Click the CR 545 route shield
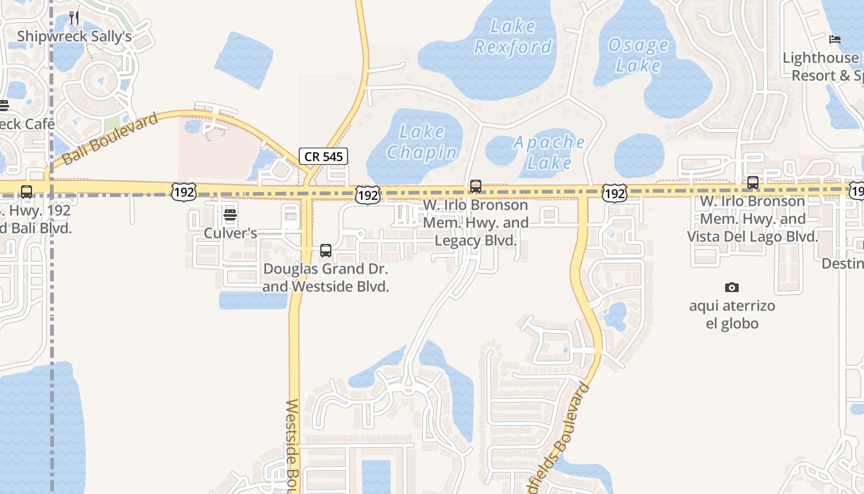pyautogui.click(x=324, y=156)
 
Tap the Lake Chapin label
pyautogui.click(x=422, y=141)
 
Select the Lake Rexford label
pyautogui.click(x=513, y=36)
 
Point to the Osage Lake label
pyautogui.click(x=638, y=55)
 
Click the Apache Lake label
pyautogui.click(x=549, y=152)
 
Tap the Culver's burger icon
pyautogui.click(x=230, y=215)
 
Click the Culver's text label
pyautogui.click(x=231, y=233)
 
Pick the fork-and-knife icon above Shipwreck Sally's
pyautogui.click(x=74, y=17)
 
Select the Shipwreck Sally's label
pyautogui.click(x=74, y=36)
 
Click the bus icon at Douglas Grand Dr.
pyautogui.click(x=326, y=251)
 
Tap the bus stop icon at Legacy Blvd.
pyautogui.click(x=476, y=186)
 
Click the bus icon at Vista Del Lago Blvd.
pyautogui.click(x=753, y=183)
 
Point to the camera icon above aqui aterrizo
pyautogui.click(x=732, y=287)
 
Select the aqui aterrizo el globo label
pyautogui.click(x=732, y=314)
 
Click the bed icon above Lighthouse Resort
pyautogui.click(x=835, y=40)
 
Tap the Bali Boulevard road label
pyautogui.click(x=110, y=140)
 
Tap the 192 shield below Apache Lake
pyautogui.click(x=615, y=193)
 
